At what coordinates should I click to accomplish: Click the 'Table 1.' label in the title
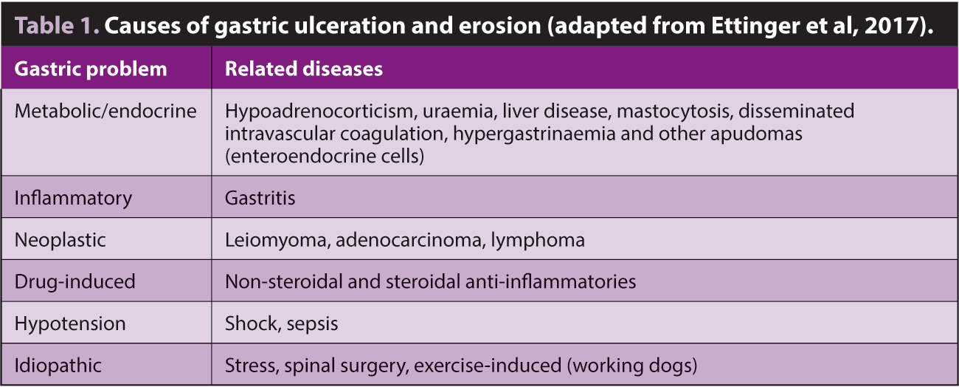pos(57,25)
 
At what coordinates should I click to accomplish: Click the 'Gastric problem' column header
pos(91,69)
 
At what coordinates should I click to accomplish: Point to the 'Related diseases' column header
pos(303,69)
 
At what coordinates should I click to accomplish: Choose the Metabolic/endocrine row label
pos(105,111)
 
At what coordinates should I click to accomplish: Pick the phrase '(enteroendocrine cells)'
pos(325,156)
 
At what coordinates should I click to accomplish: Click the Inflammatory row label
pos(73,199)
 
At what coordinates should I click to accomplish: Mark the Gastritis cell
pos(260,198)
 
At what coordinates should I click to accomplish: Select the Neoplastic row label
pos(60,240)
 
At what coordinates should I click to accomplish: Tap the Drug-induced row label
pos(75,282)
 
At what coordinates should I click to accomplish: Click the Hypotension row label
pos(70,324)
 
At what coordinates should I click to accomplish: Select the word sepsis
pos(312,324)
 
